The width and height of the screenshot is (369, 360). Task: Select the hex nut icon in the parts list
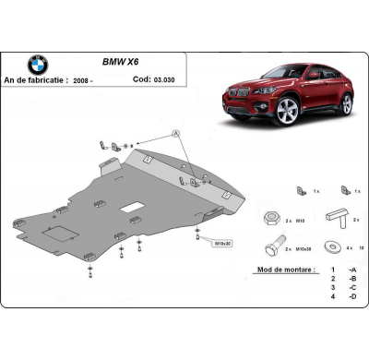(268, 218)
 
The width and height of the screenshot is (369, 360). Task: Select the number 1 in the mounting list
(331, 275)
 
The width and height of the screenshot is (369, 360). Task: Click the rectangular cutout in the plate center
(134, 203)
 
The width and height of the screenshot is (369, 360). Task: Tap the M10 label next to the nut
(300, 222)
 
